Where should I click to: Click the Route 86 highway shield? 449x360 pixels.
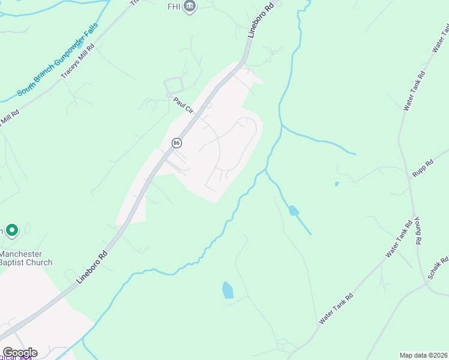pyautogui.click(x=176, y=143)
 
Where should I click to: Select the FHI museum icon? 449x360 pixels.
pyautogui.click(x=190, y=7)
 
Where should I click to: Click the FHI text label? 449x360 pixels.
pyautogui.click(x=173, y=7)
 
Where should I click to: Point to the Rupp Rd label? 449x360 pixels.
pyautogui.click(x=423, y=168)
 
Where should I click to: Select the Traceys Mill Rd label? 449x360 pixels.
pyautogui.click(x=78, y=61)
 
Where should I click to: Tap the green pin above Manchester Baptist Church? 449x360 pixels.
pyautogui.click(x=11, y=230)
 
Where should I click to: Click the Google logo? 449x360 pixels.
pyautogui.click(x=20, y=352)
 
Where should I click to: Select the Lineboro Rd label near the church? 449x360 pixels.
pyautogui.click(x=92, y=267)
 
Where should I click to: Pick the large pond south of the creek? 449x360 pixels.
pyautogui.click(x=228, y=290)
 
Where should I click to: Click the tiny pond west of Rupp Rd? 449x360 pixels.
pyautogui.click(x=336, y=184)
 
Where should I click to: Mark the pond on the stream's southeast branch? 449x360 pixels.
pyautogui.click(x=293, y=211)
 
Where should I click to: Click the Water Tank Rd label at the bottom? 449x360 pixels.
pyautogui.click(x=336, y=308)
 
